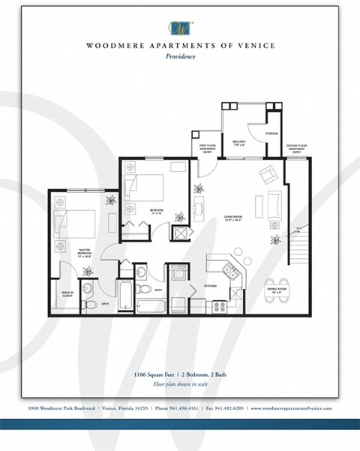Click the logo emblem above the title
click(181, 27)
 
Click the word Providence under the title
click(181, 56)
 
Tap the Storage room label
click(271, 134)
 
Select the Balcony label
click(239, 141)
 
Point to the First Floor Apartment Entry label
click(208, 148)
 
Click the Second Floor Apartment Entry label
click(295, 148)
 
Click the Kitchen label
click(211, 287)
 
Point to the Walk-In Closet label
click(66, 293)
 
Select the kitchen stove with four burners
click(220, 306)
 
